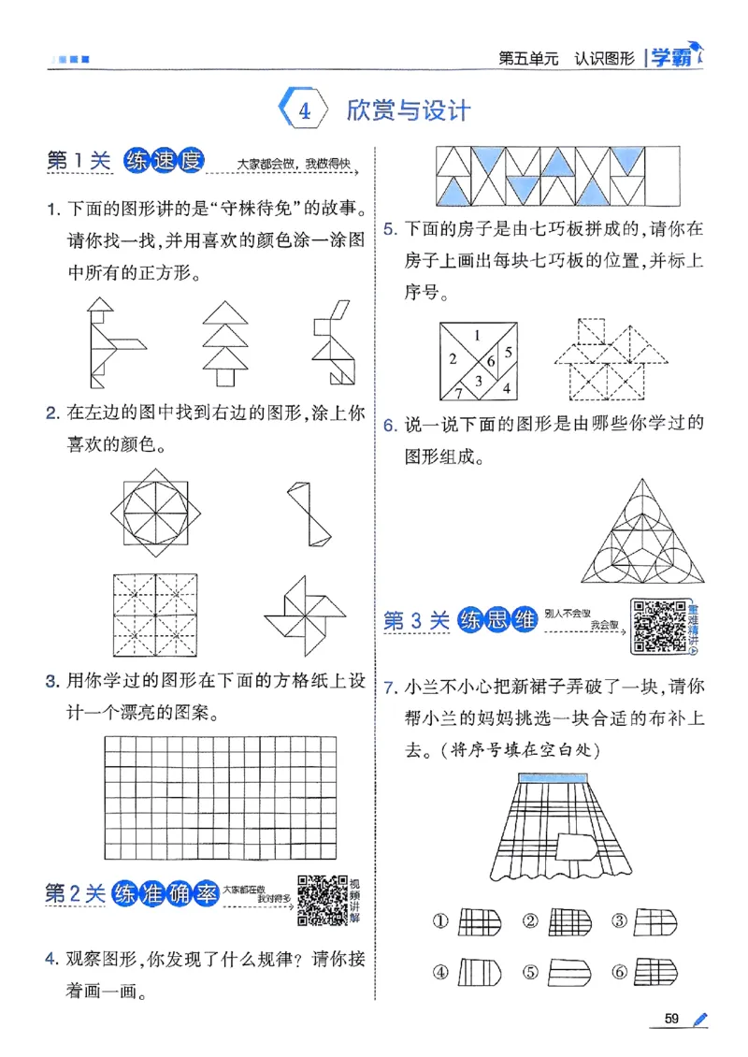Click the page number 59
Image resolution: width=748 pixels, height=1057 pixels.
click(670, 1018)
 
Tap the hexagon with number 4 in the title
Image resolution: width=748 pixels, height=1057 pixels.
click(303, 109)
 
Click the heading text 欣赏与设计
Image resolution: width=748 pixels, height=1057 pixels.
click(408, 109)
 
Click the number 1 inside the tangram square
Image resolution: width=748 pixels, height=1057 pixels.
click(478, 334)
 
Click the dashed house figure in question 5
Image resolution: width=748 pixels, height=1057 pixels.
click(616, 360)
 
